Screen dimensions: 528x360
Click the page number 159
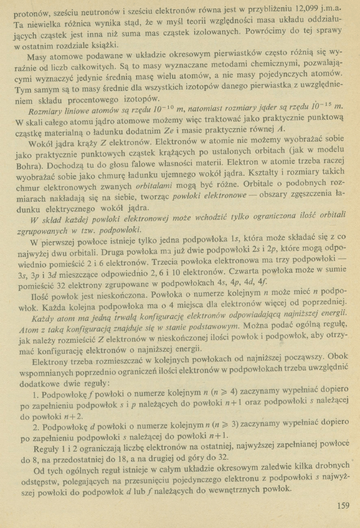(x=343, y=505)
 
